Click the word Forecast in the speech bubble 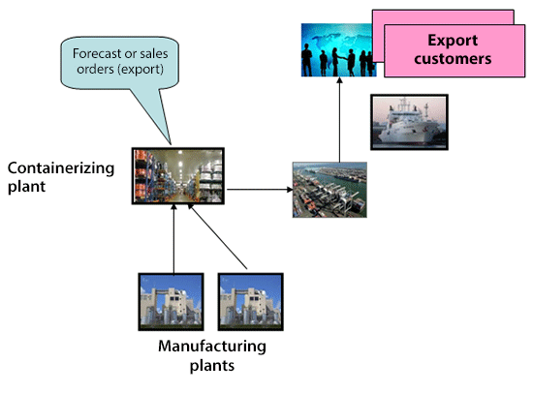(x=93, y=53)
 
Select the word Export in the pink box (x=453, y=41)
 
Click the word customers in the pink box (x=453, y=59)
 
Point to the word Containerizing (x=61, y=168)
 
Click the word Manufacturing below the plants (x=212, y=347)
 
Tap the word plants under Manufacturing (x=212, y=366)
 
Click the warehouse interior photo (x=178, y=176)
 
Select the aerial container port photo (x=329, y=190)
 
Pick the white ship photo (x=409, y=122)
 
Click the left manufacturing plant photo (x=171, y=302)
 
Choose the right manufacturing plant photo (x=251, y=302)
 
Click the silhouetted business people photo (x=337, y=50)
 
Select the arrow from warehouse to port (x=260, y=190)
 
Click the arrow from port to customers (x=339, y=120)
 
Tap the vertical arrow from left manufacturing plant (x=173, y=239)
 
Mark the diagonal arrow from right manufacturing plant (x=217, y=237)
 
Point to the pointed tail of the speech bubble (x=171, y=143)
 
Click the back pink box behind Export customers (x=443, y=17)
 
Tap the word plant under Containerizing (x=26, y=187)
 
